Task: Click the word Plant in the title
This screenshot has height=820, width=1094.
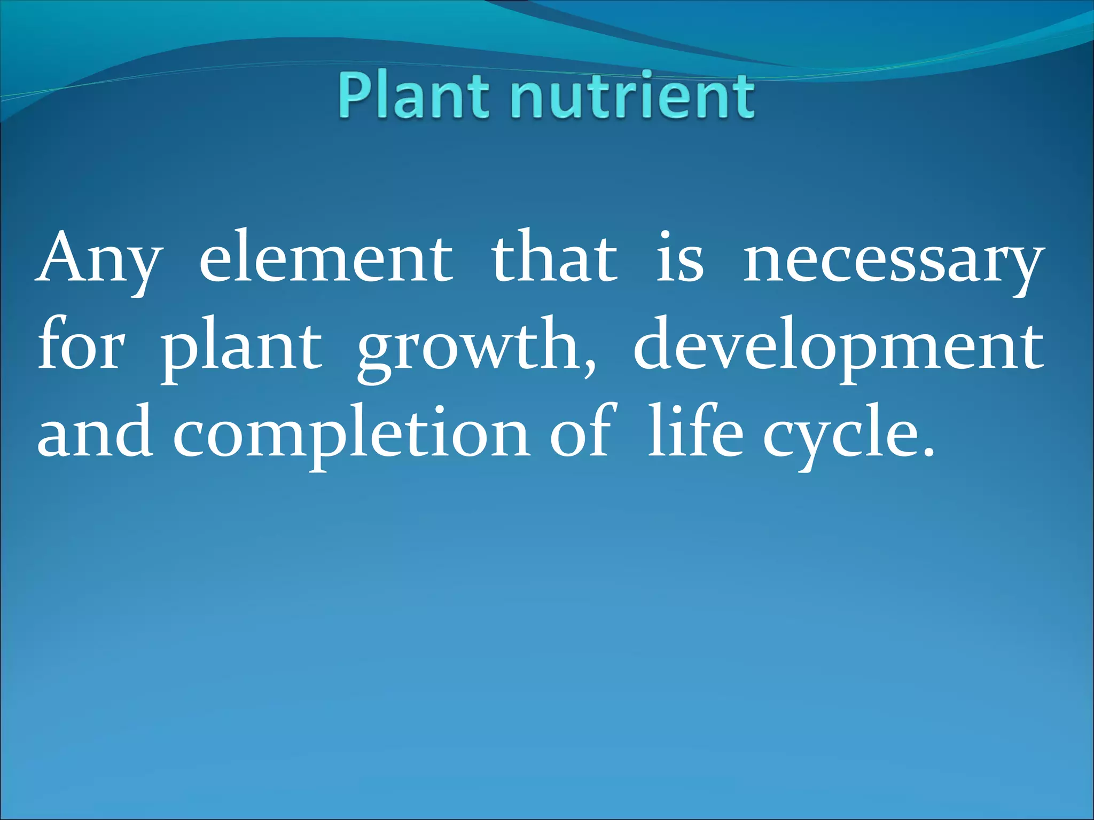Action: (412, 96)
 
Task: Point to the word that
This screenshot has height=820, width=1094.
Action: (554, 258)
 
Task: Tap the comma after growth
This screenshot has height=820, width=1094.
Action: (589, 368)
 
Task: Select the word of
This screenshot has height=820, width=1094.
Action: (582, 432)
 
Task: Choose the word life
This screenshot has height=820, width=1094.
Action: (696, 432)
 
